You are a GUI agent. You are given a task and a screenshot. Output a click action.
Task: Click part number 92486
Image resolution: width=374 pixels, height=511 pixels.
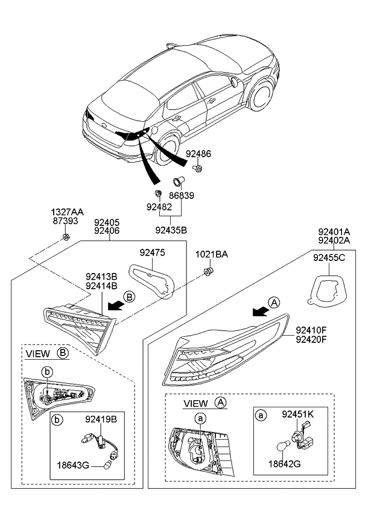click(x=198, y=154)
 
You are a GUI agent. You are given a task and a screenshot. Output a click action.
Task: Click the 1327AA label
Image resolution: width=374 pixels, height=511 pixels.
click(x=66, y=212)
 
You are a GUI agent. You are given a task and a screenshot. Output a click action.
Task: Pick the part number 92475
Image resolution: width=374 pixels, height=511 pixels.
click(x=152, y=252)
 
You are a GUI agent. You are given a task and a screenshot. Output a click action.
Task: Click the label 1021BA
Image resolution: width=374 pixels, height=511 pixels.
click(x=211, y=255)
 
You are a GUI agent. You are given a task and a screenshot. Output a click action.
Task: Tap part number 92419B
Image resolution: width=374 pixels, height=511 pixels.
click(x=101, y=416)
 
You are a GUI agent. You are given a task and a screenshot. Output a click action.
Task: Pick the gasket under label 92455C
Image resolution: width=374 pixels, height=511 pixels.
click(x=326, y=289)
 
